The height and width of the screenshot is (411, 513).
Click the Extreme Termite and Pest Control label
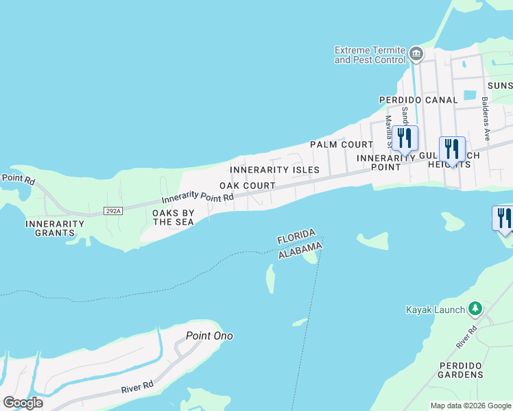point(370,55)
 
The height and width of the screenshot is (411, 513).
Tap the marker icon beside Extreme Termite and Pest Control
point(416,53)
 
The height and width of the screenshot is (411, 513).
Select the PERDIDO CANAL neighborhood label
point(418,100)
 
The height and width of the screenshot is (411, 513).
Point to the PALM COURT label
point(341,145)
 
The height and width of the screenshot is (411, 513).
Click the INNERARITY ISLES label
point(274,170)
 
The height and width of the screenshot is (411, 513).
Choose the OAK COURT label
point(247,186)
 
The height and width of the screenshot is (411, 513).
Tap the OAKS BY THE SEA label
point(174,217)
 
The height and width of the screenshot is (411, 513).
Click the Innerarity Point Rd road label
point(198,198)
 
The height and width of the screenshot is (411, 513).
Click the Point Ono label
point(209,336)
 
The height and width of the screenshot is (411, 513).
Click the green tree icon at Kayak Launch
point(475,310)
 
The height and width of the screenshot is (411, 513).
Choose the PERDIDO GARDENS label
point(461,370)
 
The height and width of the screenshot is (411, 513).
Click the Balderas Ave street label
point(485,118)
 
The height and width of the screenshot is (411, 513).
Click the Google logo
point(23,402)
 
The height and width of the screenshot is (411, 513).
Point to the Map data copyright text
point(470,406)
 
